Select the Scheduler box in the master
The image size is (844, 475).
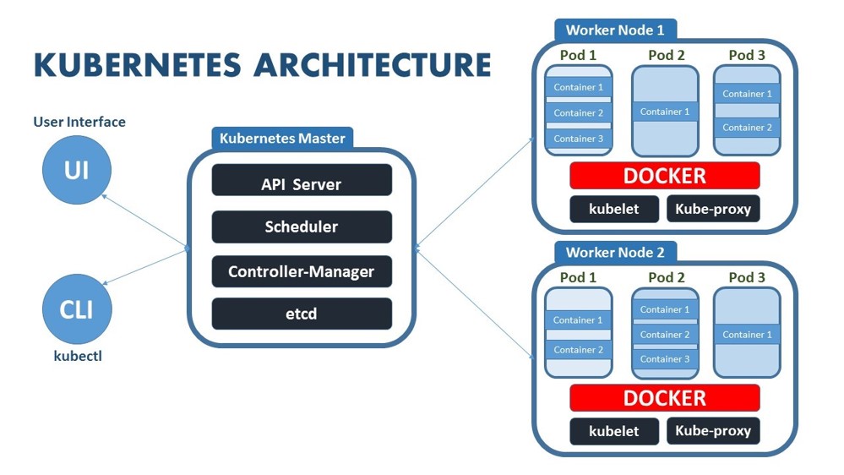click(302, 227)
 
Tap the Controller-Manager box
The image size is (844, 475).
click(302, 272)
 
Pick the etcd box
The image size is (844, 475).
click(302, 314)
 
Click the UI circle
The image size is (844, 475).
click(77, 171)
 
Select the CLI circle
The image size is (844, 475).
click(77, 308)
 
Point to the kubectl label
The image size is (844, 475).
click(78, 356)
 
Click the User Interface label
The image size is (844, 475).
click(79, 122)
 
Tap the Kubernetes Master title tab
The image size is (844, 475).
click(282, 138)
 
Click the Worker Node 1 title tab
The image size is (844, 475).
click(615, 30)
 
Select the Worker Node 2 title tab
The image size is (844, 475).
click(615, 252)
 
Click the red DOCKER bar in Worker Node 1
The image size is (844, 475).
click(664, 176)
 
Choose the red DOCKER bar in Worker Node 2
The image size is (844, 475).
click(664, 397)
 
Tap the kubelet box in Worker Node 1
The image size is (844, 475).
click(614, 209)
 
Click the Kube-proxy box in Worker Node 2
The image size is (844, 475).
click(713, 430)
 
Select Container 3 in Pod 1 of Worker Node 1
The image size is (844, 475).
click(579, 139)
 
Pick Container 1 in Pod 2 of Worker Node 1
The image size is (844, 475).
click(665, 112)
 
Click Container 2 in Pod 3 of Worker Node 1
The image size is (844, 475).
click(747, 128)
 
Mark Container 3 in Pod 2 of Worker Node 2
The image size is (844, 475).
click(665, 359)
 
